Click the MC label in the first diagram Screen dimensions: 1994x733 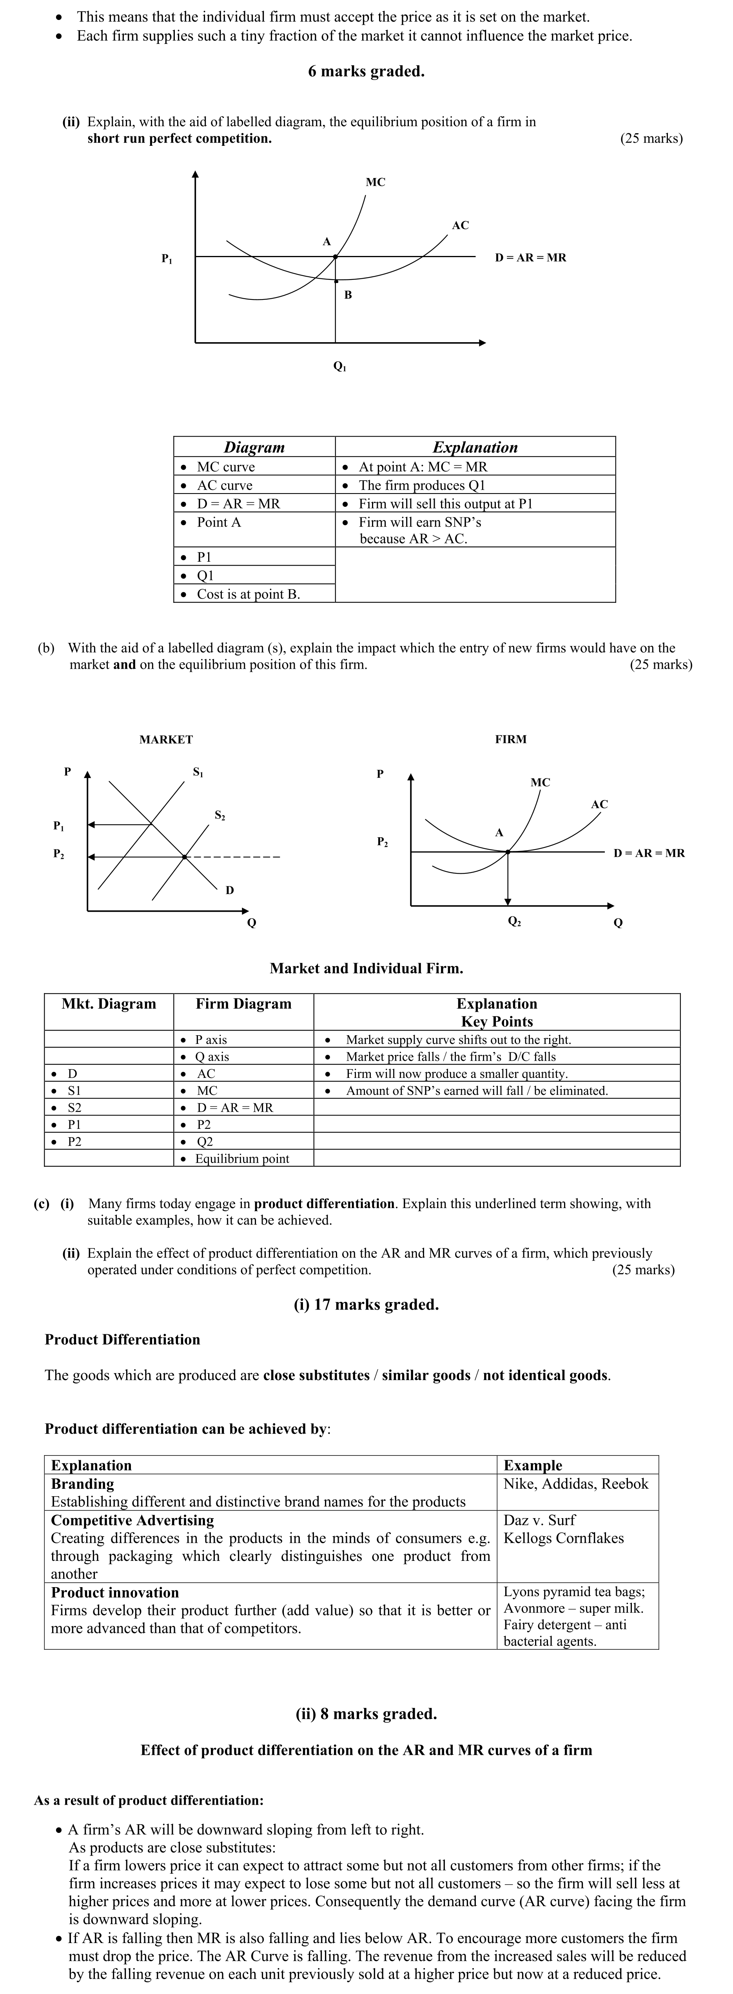[376, 182]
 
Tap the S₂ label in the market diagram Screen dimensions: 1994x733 [220, 815]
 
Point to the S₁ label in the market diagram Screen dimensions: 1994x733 [198, 772]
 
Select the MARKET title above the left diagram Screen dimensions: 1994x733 [166, 739]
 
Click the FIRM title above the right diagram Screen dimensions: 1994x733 [511, 739]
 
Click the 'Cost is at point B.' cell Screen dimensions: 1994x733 [248, 594]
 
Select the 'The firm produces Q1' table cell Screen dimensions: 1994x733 [422, 485]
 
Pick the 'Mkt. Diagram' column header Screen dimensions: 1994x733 [108, 1004]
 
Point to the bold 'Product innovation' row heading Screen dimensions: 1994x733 [114, 1592]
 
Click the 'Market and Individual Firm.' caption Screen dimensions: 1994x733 [366, 968]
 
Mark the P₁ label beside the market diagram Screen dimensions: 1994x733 [59, 826]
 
